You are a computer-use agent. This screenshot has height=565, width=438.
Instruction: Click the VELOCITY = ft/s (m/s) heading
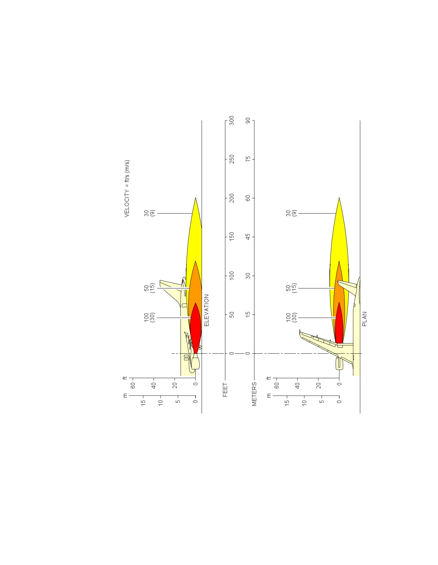[127, 189]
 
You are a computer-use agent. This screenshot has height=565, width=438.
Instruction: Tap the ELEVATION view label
[206, 310]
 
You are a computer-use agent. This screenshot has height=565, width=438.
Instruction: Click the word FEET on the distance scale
[225, 389]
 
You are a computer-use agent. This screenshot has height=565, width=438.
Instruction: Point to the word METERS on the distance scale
[254, 394]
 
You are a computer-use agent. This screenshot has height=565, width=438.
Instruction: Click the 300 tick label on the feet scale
[232, 120]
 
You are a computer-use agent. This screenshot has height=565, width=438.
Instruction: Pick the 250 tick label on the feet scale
[232, 159]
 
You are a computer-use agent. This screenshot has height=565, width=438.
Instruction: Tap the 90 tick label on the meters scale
[248, 120]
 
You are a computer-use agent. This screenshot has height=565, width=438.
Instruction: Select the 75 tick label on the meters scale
[248, 159]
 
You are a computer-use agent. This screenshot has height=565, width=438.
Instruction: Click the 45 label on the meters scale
[248, 237]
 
